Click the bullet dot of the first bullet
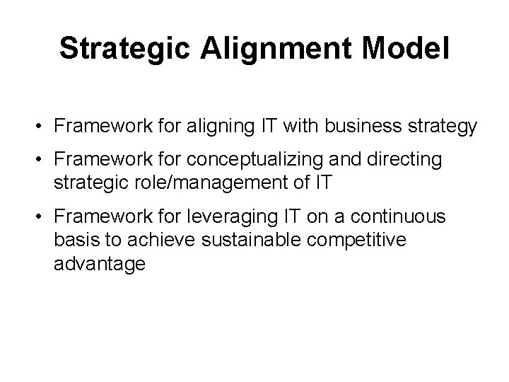43,127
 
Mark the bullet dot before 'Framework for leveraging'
43,215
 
